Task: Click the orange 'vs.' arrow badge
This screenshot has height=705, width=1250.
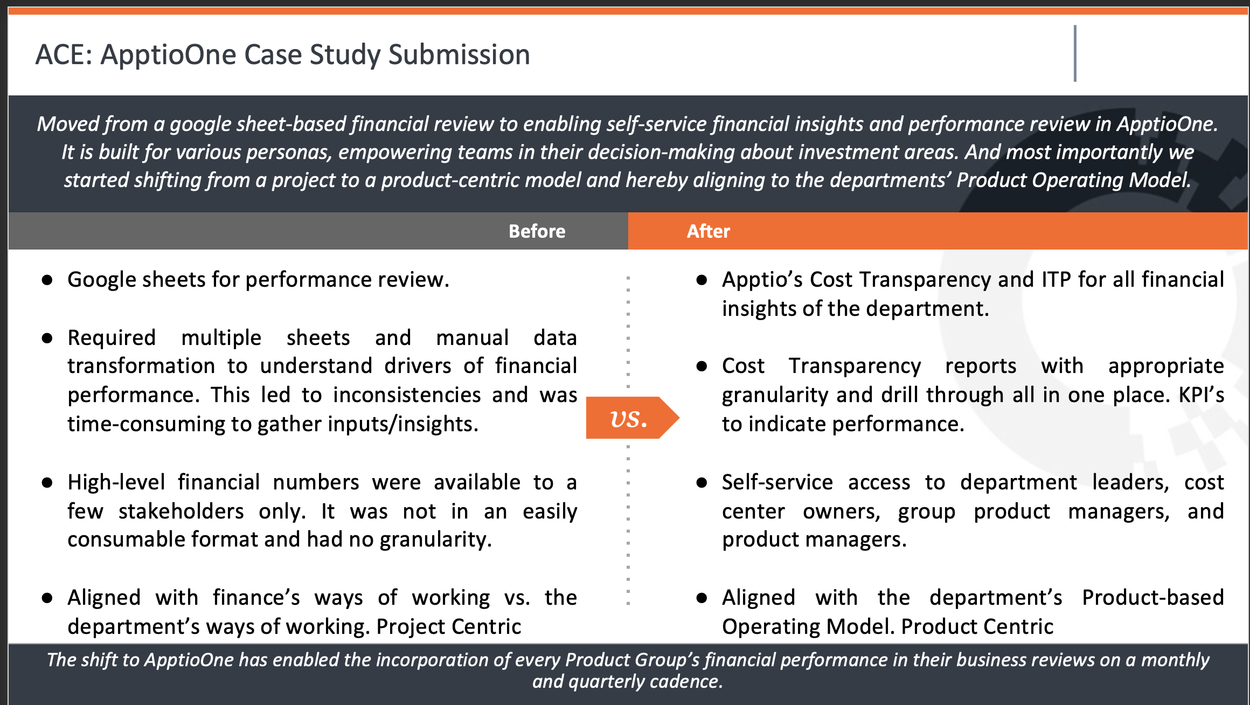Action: tap(632, 418)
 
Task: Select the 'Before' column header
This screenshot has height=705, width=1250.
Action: tap(537, 231)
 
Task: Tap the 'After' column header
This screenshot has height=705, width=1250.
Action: tap(708, 231)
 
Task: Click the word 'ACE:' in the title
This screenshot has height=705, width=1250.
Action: tap(64, 55)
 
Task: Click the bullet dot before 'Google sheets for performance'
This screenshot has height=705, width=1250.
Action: tap(47, 280)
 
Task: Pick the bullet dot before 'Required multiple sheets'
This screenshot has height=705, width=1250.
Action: tap(47, 338)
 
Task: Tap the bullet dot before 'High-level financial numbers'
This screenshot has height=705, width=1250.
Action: tap(47, 482)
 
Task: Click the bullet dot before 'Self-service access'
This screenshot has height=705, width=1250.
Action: tap(702, 482)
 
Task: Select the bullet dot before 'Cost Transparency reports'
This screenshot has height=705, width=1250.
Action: tap(702, 367)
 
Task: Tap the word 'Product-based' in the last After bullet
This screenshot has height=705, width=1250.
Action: tap(1153, 598)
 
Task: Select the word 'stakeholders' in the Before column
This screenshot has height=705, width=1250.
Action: tap(181, 512)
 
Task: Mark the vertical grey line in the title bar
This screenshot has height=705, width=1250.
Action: tap(1075, 53)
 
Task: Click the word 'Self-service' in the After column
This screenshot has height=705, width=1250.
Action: tap(777, 482)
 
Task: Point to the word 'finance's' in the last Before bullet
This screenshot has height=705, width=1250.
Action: tap(256, 598)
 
